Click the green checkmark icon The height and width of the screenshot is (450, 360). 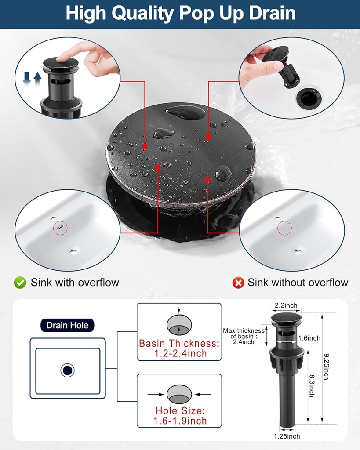click(20, 283)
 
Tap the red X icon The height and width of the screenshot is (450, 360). click(238, 283)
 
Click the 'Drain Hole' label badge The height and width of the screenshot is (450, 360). click(67, 325)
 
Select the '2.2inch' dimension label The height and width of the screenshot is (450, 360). click(286, 305)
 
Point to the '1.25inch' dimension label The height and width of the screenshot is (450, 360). click(287, 436)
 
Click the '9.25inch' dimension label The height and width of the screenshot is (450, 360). click(327, 367)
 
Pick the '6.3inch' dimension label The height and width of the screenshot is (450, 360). click(312, 386)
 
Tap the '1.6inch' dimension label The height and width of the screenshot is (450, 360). click(309, 338)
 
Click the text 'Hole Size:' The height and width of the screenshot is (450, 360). click(180, 411)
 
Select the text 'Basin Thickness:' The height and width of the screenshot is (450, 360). click(179, 343)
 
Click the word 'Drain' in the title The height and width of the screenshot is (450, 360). click(272, 13)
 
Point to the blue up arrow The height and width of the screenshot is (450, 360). click(38, 80)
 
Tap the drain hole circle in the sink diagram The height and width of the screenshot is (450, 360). click(67, 370)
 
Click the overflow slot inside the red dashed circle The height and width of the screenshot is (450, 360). click(60, 228)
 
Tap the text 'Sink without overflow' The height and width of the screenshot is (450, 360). click(298, 283)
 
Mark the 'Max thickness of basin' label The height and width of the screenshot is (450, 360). click(244, 336)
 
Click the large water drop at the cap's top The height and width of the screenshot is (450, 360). click(185, 112)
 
